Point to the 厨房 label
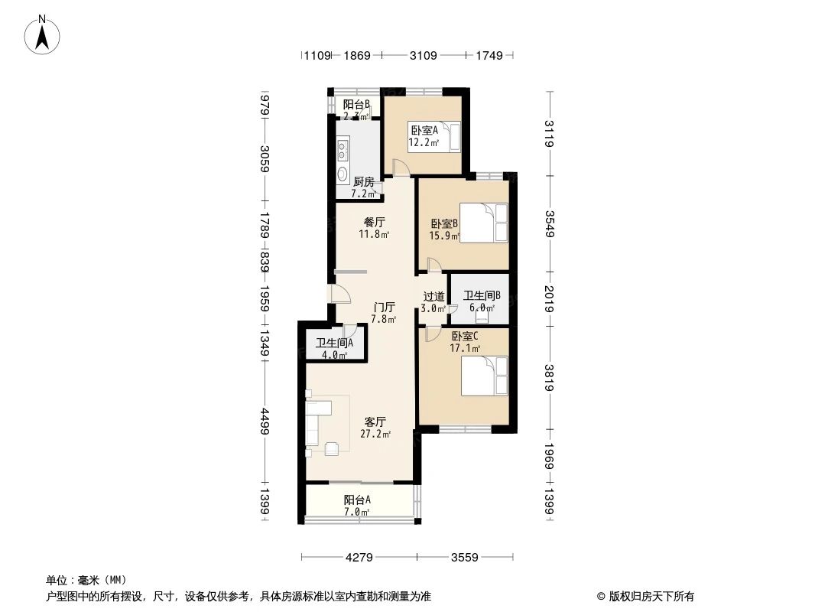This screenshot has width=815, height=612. point(364,187)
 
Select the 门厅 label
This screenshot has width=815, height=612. point(383,312)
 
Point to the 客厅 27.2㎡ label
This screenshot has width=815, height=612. point(375,428)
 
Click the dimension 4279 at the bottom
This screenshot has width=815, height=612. point(359,558)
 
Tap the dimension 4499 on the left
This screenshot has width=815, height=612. point(265,423)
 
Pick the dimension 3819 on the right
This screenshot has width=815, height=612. point(549,378)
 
